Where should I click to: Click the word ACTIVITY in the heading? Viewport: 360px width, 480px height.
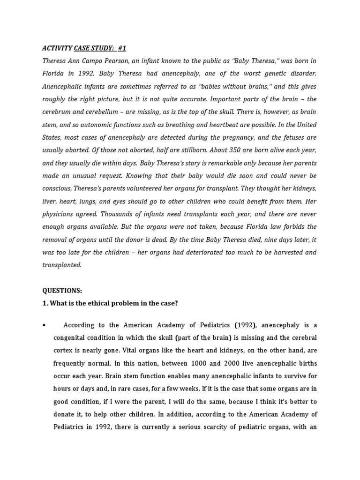click(57, 48)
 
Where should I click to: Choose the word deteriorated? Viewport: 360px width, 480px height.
click(220, 252)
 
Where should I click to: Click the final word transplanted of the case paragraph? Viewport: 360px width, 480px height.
click(62, 265)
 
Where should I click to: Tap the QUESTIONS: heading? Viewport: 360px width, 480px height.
click(62, 291)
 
